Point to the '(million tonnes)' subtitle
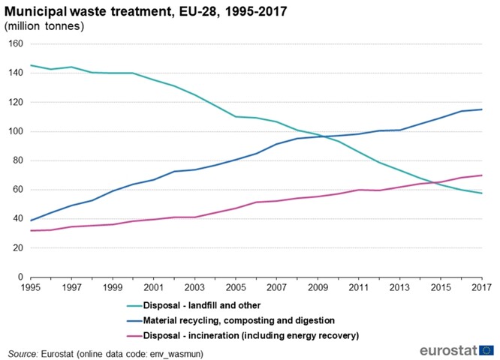pos(44,26)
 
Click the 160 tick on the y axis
pos(14,43)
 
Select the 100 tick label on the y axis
pos(14,131)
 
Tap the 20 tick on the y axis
pos(17,248)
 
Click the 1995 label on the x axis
pos(32,287)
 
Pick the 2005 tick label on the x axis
pos(235,287)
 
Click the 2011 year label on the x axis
pos(357,287)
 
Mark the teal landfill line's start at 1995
pos(32,65)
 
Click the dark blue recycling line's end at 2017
pos(480,109)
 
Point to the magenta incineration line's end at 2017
pos(480,175)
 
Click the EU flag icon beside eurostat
pos(486,349)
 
